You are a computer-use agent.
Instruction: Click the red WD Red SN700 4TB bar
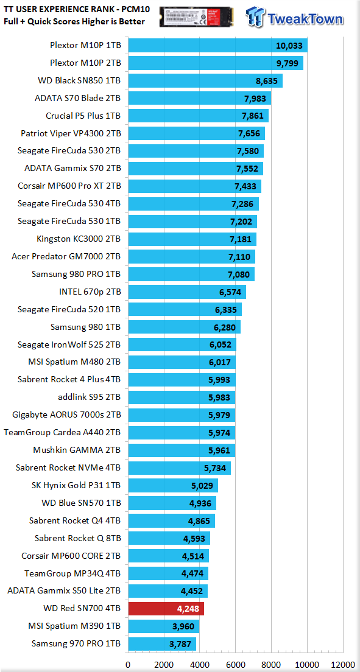[x=166, y=609]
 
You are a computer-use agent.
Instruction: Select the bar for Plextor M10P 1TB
[x=218, y=46]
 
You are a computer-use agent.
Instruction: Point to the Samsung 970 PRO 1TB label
[x=76, y=644]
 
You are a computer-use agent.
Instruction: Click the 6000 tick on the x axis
[x=235, y=664]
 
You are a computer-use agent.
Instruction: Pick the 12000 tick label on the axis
[x=342, y=664]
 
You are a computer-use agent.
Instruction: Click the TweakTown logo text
[x=305, y=19]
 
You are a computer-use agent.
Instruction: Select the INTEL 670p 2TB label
[x=90, y=292]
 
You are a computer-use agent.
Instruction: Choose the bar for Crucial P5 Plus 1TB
[x=198, y=116]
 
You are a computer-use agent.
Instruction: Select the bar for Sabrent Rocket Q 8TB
[x=169, y=538]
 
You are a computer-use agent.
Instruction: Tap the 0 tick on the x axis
[x=128, y=664]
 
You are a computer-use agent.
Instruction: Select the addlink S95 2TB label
[x=90, y=397]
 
